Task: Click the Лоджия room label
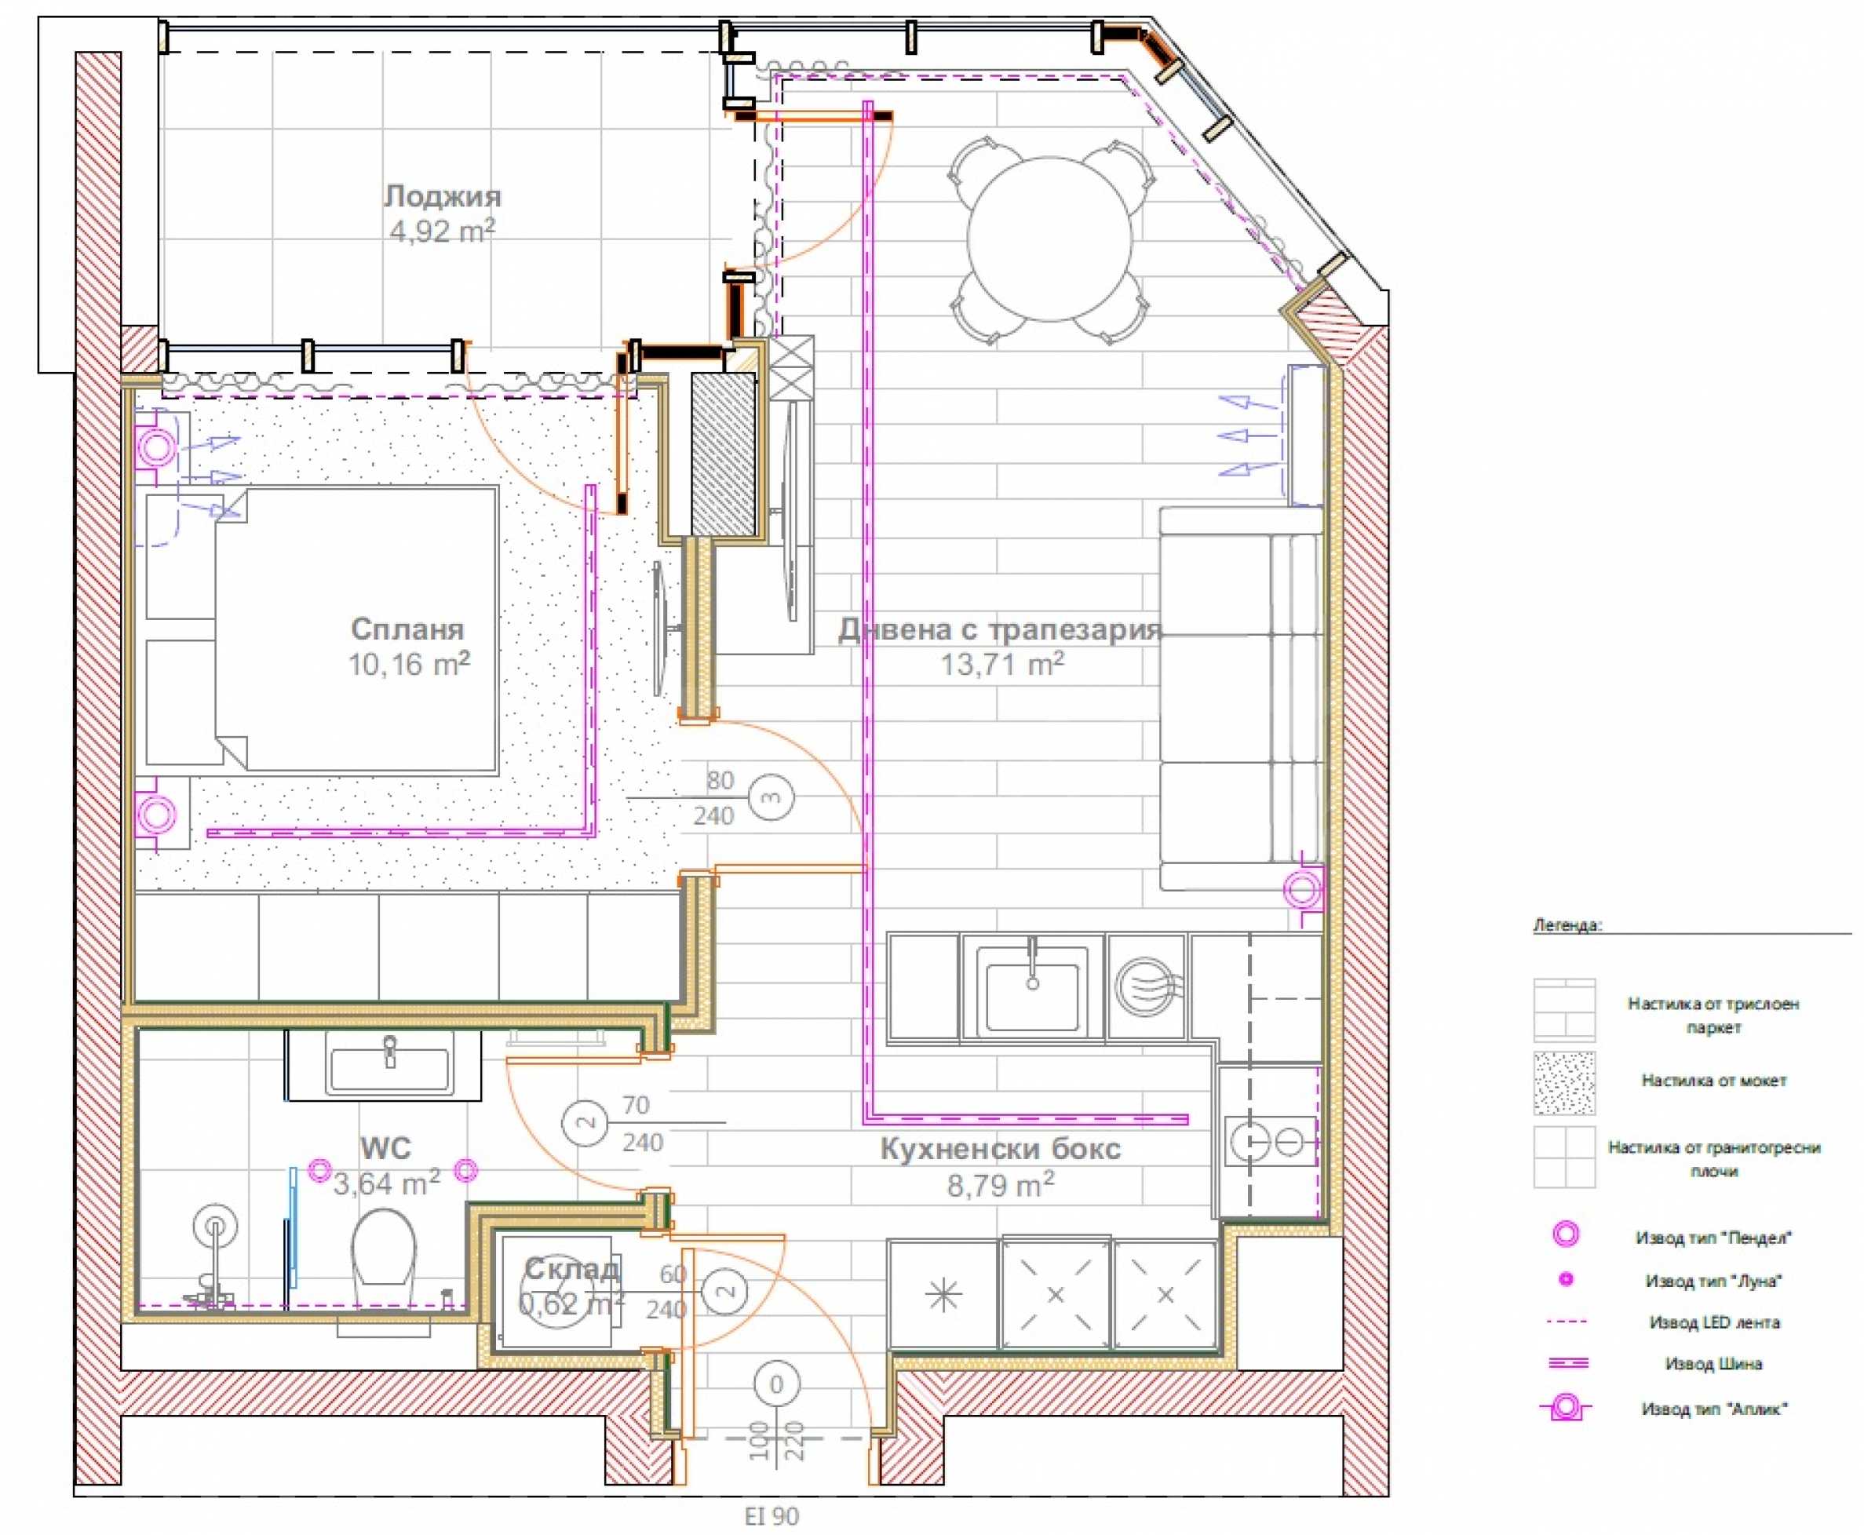pos(442,195)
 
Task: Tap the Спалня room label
pos(407,629)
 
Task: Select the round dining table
pos(1049,239)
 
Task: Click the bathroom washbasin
pos(389,1068)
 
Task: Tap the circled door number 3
pos(771,797)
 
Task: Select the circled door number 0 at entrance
pos(776,1384)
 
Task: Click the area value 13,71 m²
pos(1002,663)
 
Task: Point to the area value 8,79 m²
pos(1000,1184)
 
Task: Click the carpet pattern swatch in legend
pos(1564,1082)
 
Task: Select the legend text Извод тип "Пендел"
pos(1713,1238)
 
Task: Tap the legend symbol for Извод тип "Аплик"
pos(1565,1408)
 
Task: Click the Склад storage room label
pos(571,1269)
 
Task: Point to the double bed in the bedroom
pos(356,629)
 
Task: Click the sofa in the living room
pos(1242,698)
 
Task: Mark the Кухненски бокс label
pos(1000,1149)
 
